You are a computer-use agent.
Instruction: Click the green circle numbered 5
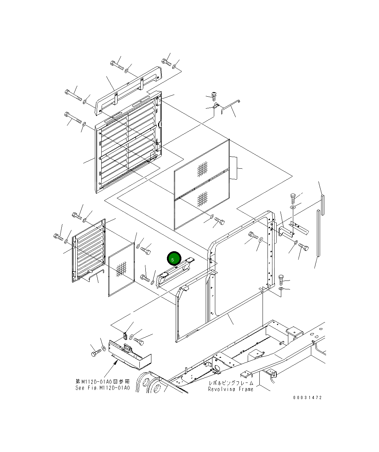pyautogui.click(x=174, y=258)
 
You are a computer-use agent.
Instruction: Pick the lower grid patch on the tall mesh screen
pyautogui.click(x=202, y=199)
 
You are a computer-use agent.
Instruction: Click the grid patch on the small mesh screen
pyautogui.click(x=121, y=269)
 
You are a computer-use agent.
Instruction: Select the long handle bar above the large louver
pyautogui.click(x=128, y=91)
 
